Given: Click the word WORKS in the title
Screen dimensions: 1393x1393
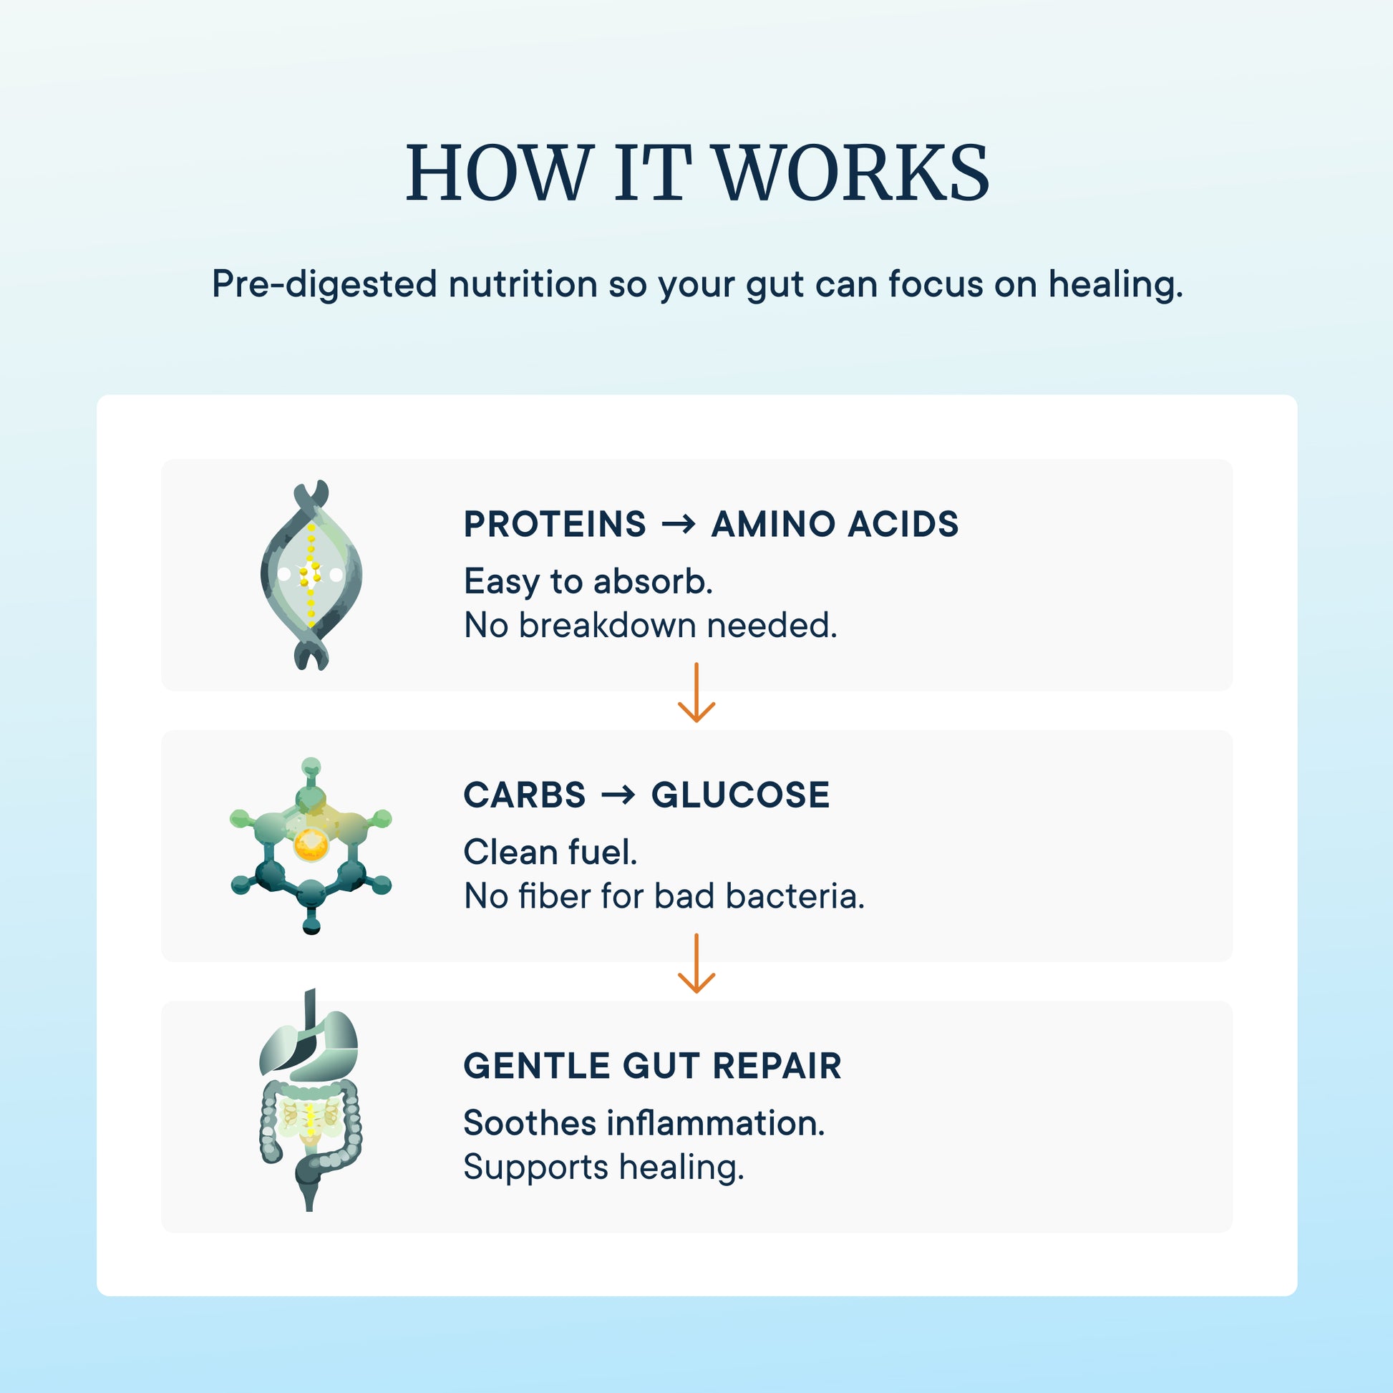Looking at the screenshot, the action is tap(853, 173).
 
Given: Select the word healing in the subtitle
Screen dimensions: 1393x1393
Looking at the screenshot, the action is tap(1115, 284).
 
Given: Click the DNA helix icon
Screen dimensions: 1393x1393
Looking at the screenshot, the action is tap(311, 575).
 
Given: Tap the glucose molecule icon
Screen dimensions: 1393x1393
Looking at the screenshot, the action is tap(311, 846).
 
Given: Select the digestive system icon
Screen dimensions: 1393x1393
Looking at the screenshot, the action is tap(310, 1100).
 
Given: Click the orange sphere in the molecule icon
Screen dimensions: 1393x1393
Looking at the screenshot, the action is tap(311, 844).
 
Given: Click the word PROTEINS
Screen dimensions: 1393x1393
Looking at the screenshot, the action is tap(555, 524).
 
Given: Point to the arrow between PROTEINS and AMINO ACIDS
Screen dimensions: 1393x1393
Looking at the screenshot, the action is tap(679, 524).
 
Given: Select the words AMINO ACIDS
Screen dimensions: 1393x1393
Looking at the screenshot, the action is tap(835, 524).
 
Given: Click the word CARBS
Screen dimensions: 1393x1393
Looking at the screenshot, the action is tap(524, 795).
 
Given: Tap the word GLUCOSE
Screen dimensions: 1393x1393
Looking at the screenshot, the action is tap(740, 795).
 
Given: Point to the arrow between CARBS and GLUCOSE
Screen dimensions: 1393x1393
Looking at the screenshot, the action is tap(618, 795).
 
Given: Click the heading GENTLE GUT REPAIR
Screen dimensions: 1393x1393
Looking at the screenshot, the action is tap(653, 1067).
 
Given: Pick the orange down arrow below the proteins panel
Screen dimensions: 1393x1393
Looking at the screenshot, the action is tap(696, 692).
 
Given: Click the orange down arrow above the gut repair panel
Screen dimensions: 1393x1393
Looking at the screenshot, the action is tap(696, 964).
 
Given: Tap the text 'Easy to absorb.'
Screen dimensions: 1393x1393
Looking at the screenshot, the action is tap(588, 582).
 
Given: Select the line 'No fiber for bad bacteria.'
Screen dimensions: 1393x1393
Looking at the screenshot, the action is tap(664, 896).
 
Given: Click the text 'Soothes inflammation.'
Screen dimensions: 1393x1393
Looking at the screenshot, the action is tap(644, 1123).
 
